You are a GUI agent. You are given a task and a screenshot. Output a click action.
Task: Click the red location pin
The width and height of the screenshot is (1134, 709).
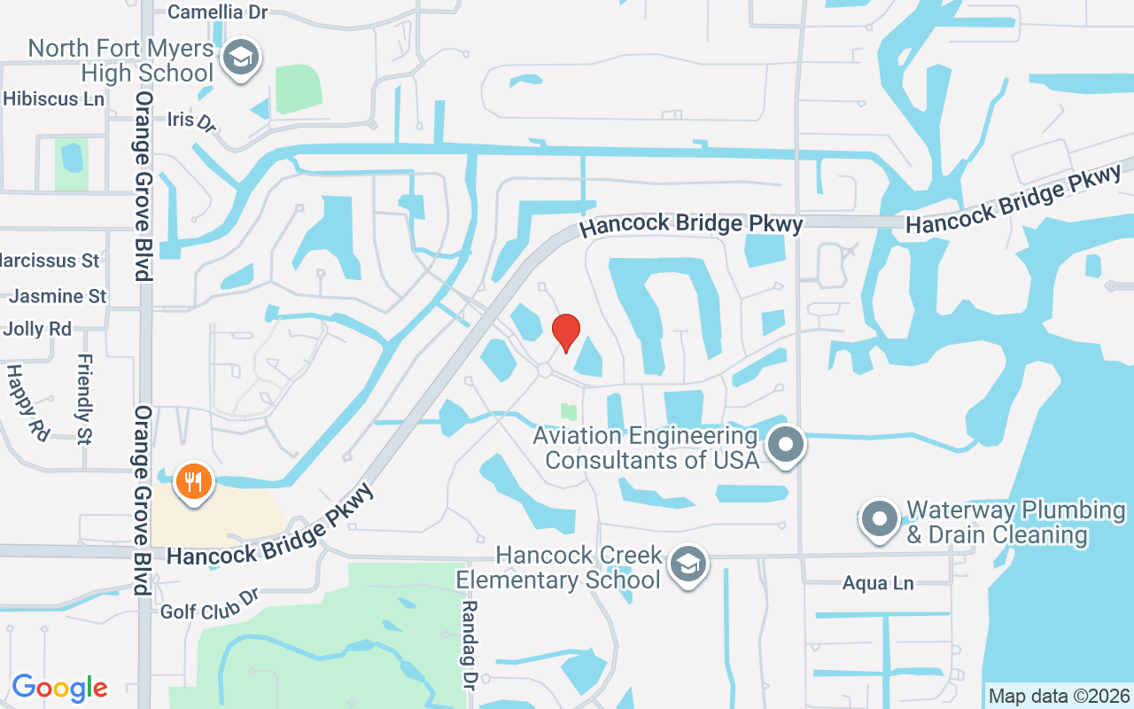click(x=565, y=332)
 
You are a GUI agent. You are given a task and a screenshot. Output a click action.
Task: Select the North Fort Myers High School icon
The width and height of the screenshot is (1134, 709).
click(x=239, y=58)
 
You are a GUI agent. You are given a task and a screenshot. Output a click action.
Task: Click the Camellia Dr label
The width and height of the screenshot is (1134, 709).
click(x=217, y=12)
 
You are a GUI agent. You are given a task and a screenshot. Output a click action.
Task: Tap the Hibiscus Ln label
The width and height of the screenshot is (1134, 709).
click(x=53, y=99)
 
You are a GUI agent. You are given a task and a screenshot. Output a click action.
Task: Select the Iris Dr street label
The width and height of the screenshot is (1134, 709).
click(x=191, y=120)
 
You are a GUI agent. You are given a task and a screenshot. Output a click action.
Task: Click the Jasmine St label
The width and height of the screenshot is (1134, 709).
click(x=58, y=296)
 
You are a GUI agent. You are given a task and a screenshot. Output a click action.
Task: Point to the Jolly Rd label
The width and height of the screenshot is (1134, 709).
click(x=37, y=329)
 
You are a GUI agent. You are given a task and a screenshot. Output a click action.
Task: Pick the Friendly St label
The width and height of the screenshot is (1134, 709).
click(x=85, y=399)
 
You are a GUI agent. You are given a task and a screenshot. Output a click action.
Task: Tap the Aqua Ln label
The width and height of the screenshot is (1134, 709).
click(x=877, y=583)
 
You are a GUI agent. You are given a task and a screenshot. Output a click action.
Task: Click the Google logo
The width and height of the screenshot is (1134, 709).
click(x=59, y=688)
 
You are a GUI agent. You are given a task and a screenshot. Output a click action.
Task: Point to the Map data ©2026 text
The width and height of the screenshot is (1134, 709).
click(x=1059, y=696)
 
